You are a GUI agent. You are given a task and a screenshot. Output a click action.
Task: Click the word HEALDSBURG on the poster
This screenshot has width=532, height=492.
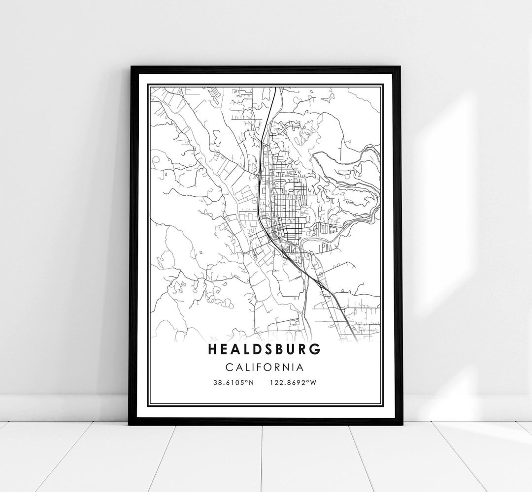265,349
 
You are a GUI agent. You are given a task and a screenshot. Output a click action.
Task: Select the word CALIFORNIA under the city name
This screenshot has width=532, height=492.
265,367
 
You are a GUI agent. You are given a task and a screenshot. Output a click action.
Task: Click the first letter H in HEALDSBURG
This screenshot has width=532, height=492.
213,349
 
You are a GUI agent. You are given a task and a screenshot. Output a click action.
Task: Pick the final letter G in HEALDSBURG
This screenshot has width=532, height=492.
316,349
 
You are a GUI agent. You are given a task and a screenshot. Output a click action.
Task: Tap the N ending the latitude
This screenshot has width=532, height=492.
251,382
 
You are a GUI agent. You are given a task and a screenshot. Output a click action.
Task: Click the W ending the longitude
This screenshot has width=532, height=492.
313,382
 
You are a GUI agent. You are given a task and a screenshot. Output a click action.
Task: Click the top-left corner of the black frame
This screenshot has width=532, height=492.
130,67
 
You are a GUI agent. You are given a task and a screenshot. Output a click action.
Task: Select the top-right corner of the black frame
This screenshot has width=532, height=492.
401,67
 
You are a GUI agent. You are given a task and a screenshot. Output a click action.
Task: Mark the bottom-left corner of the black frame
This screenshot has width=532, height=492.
130,424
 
